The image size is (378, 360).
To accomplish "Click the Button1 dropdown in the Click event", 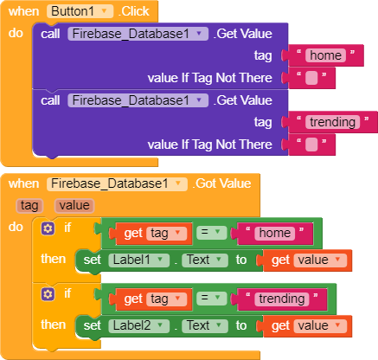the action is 80,11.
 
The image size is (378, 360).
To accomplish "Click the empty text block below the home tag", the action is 311,78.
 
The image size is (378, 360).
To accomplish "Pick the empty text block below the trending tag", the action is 311,145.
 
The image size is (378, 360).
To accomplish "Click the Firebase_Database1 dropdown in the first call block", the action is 138,34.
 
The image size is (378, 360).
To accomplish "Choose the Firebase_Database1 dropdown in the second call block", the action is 138,100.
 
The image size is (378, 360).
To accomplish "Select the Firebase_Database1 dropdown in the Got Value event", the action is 117,183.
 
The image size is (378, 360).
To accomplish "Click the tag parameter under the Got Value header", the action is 29,206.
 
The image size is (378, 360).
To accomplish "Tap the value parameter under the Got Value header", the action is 74,206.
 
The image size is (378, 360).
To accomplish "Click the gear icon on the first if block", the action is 48,228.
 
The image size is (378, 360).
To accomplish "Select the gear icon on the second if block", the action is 48,294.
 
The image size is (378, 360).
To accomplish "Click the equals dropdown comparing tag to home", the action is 211,233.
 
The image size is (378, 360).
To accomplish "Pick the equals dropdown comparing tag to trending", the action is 211,299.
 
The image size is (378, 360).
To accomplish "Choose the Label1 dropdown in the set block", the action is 138,260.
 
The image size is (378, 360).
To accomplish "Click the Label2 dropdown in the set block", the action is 138,325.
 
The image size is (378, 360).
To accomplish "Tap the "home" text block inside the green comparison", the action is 274,233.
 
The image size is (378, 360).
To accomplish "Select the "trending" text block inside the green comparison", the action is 282,299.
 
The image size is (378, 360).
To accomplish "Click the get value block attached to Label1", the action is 307,260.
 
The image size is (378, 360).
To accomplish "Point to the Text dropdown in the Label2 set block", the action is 205,325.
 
